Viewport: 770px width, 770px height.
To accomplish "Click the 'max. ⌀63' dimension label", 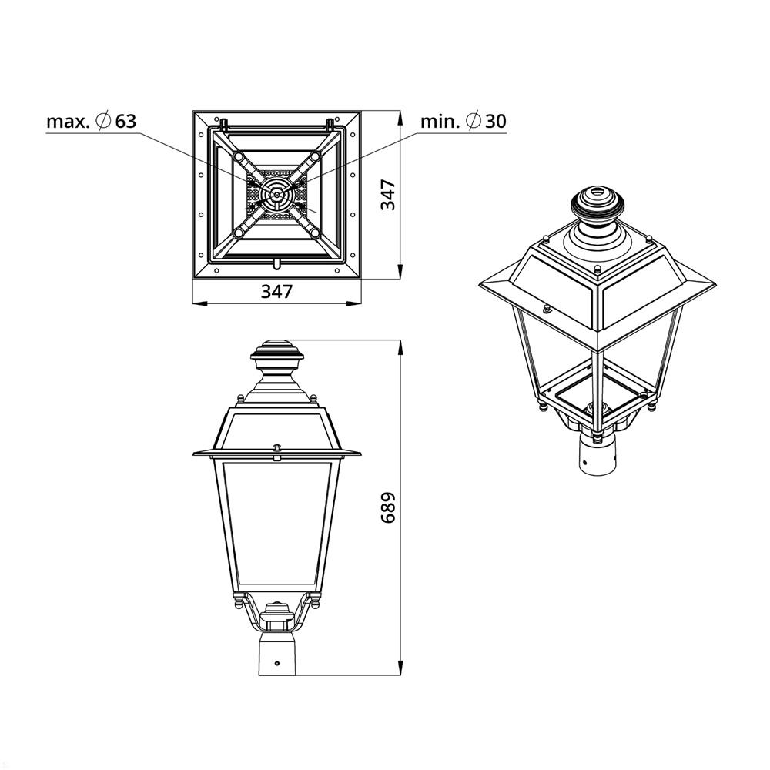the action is point(92,121).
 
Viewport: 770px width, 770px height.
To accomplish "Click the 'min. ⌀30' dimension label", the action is point(463,121).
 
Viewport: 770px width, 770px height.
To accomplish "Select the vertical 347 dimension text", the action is point(388,195).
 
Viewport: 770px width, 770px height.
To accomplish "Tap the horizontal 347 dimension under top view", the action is point(276,291).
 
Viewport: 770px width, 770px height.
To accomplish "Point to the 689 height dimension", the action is point(388,507).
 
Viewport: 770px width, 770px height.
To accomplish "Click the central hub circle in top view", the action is point(277,195).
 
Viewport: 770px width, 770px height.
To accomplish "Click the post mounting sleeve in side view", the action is point(277,654).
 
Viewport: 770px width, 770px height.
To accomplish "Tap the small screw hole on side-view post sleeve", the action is point(277,663).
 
